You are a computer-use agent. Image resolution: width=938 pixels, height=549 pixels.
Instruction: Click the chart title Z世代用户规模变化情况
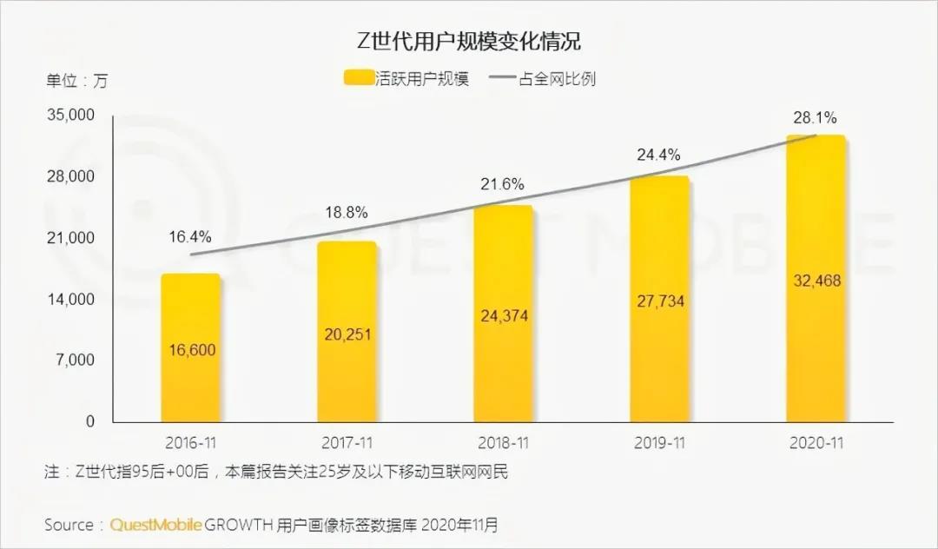pyautogui.click(x=469, y=40)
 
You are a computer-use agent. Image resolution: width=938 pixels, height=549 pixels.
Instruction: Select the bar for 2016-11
pyautogui.click(x=190, y=347)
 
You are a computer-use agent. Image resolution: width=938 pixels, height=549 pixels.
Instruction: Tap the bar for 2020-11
pyautogui.click(x=816, y=278)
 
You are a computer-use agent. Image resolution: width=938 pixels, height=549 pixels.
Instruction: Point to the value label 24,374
pyautogui.click(x=504, y=316)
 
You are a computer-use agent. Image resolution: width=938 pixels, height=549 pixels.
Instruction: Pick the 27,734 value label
pyautogui.click(x=660, y=301)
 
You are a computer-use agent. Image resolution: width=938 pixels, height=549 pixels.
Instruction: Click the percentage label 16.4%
pyautogui.click(x=190, y=236)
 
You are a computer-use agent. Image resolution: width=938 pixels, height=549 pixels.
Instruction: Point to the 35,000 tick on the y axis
pyautogui.click(x=70, y=116)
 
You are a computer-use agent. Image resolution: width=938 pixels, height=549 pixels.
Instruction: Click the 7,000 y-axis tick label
pyautogui.click(x=76, y=360)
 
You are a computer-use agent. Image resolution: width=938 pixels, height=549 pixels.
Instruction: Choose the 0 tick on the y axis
pyautogui.click(x=89, y=421)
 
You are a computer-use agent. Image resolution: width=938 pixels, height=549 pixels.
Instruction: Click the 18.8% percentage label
pyautogui.click(x=347, y=211)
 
